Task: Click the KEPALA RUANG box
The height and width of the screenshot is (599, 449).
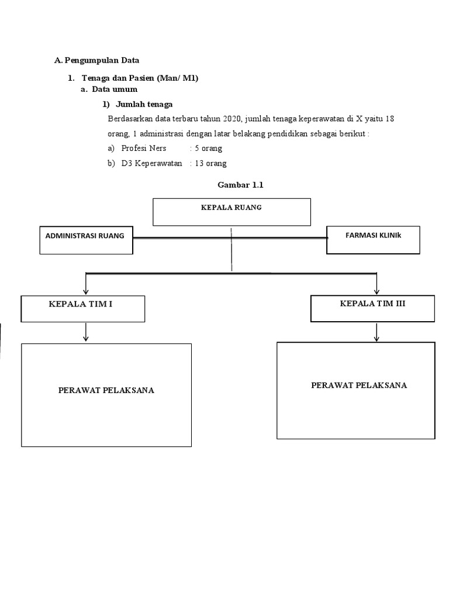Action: point(232,212)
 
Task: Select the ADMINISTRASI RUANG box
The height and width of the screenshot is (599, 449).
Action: point(87,240)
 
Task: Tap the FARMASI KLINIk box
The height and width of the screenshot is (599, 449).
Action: point(373,240)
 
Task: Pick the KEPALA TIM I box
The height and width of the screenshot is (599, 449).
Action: point(83,309)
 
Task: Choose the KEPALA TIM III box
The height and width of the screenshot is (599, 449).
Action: point(372,308)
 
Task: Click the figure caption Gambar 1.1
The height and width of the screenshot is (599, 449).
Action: point(240,185)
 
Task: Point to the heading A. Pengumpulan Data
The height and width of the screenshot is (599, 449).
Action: point(97,60)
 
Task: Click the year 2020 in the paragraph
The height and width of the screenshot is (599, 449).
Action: point(232,118)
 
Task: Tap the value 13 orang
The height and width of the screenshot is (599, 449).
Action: point(210,163)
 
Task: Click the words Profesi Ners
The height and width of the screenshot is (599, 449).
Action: point(144,148)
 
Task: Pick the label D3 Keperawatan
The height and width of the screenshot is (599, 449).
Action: point(151,163)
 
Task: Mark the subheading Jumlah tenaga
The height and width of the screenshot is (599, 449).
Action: point(144,104)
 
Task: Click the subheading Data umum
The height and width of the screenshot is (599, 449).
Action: point(115,89)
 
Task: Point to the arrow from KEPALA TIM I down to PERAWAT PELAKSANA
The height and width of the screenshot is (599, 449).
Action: point(86,332)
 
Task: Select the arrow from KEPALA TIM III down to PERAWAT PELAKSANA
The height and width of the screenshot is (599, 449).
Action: point(377,332)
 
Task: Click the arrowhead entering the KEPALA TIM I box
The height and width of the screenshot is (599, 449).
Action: point(86,292)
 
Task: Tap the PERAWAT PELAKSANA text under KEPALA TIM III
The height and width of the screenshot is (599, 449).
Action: point(359,385)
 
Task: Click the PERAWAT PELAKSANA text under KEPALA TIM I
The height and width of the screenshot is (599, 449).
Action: point(106,390)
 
